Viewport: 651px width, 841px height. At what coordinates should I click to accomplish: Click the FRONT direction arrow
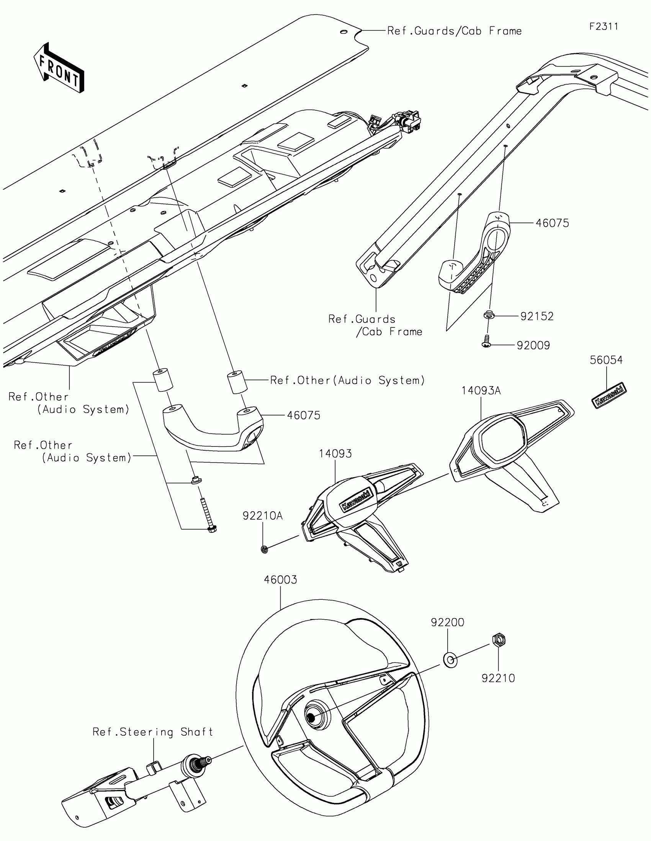tap(59, 69)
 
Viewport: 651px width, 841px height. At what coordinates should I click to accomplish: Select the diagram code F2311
tap(603, 26)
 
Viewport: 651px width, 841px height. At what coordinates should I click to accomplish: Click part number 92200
tap(447, 622)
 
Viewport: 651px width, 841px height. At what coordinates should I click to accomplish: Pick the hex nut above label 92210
tap(499, 640)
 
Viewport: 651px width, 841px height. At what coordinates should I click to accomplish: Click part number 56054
tap(606, 360)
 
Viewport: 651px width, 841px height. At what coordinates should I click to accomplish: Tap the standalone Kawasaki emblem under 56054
tap(608, 396)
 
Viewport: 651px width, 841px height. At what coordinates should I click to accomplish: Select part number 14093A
tap(481, 391)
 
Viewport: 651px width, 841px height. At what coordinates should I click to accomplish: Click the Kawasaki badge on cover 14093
tap(357, 499)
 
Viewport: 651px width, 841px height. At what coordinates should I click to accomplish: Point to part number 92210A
tap(263, 515)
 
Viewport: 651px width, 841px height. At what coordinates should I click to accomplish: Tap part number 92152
tap(537, 316)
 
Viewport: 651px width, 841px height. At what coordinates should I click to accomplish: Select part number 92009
tap(533, 345)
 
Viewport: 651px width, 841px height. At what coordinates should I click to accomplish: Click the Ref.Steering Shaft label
tap(153, 731)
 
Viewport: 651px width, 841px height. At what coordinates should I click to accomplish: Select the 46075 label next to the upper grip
tap(552, 223)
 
